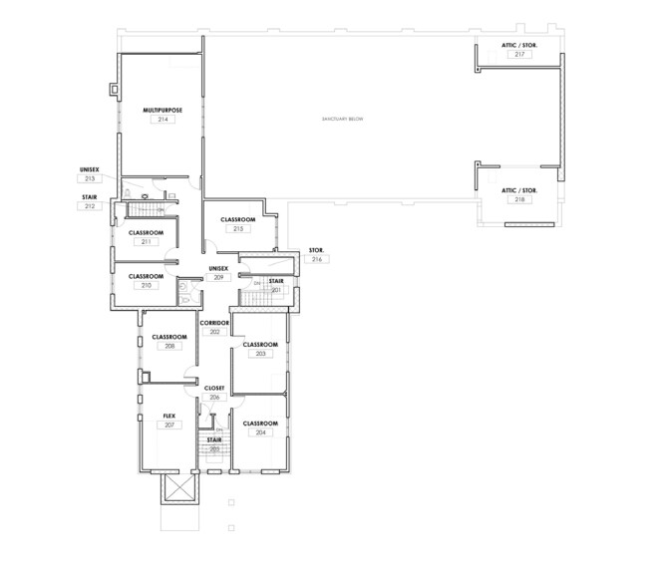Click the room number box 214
point(159,119)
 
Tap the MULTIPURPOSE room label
point(159,109)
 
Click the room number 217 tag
point(519,54)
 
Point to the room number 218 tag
point(519,199)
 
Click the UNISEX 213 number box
point(89,178)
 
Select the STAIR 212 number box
point(89,207)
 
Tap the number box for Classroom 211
point(146,241)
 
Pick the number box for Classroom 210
point(146,285)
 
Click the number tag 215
point(238,229)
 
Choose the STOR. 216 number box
point(317,259)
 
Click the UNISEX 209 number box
point(217,278)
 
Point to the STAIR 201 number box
point(276,290)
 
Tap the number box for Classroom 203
point(260,354)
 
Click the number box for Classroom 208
point(169,347)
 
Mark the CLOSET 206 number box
point(214,397)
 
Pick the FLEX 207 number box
point(169,425)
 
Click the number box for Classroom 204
point(260,433)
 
